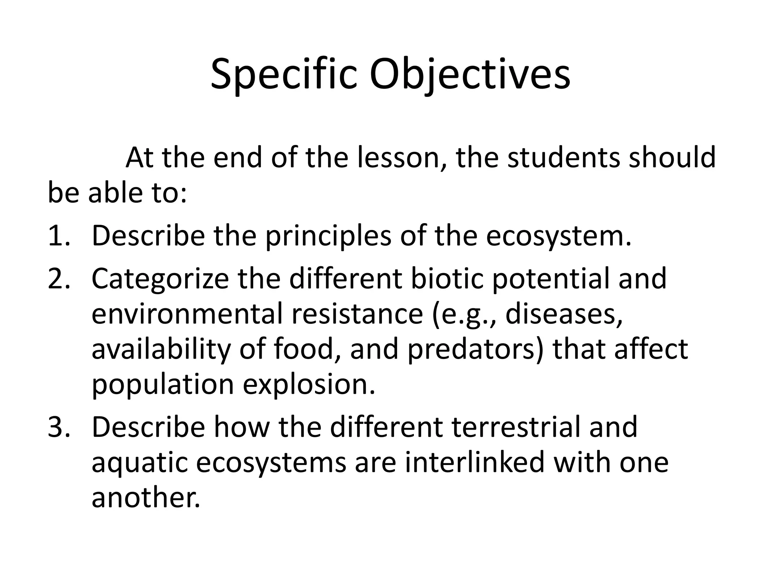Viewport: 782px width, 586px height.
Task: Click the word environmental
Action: click(186, 314)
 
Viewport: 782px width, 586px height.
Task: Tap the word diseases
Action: click(564, 314)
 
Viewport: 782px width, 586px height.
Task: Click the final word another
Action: click(145, 497)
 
